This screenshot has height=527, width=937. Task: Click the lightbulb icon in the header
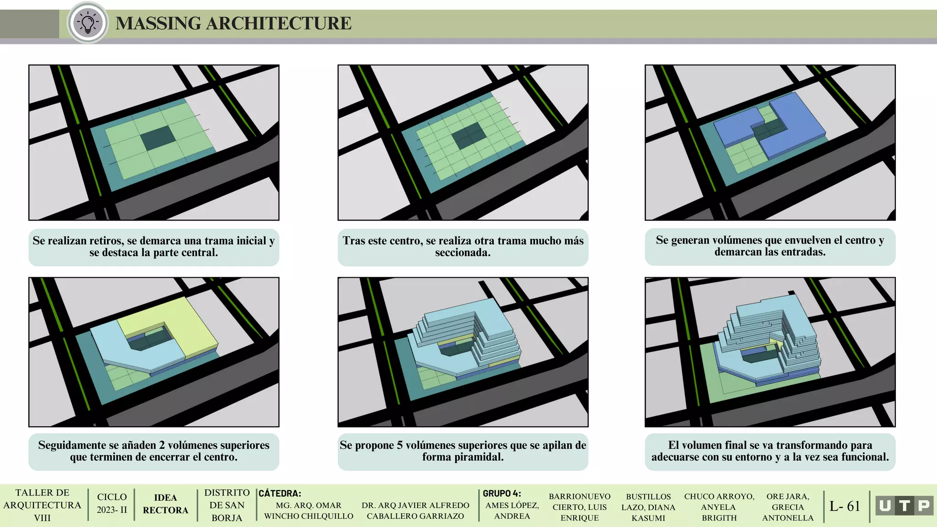click(x=87, y=22)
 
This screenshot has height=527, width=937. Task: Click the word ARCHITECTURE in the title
click(x=279, y=23)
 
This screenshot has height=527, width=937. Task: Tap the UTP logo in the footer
click(x=905, y=505)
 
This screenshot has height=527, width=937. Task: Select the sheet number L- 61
click(x=845, y=506)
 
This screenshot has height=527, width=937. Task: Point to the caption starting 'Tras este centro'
click(x=463, y=247)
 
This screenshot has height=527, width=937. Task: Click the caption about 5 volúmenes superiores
click(x=463, y=451)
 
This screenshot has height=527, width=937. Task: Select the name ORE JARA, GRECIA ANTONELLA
click(x=788, y=507)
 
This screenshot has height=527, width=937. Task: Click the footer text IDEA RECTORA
click(x=166, y=504)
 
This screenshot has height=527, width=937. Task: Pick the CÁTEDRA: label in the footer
click(x=280, y=493)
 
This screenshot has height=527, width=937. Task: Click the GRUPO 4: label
click(x=502, y=493)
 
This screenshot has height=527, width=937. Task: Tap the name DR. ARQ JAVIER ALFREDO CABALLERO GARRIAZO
click(x=415, y=511)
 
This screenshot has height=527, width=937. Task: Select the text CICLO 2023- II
click(x=112, y=503)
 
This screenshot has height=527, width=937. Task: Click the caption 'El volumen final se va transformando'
click(x=770, y=451)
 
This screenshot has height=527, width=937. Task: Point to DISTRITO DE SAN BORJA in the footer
click(x=227, y=505)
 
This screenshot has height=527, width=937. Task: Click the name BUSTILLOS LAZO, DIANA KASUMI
click(x=648, y=507)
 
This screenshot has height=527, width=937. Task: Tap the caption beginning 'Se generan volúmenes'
click(x=770, y=246)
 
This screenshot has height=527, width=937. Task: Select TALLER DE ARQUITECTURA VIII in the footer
click(x=42, y=505)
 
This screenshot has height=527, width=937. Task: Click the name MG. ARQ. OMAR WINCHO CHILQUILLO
click(x=309, y=511)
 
